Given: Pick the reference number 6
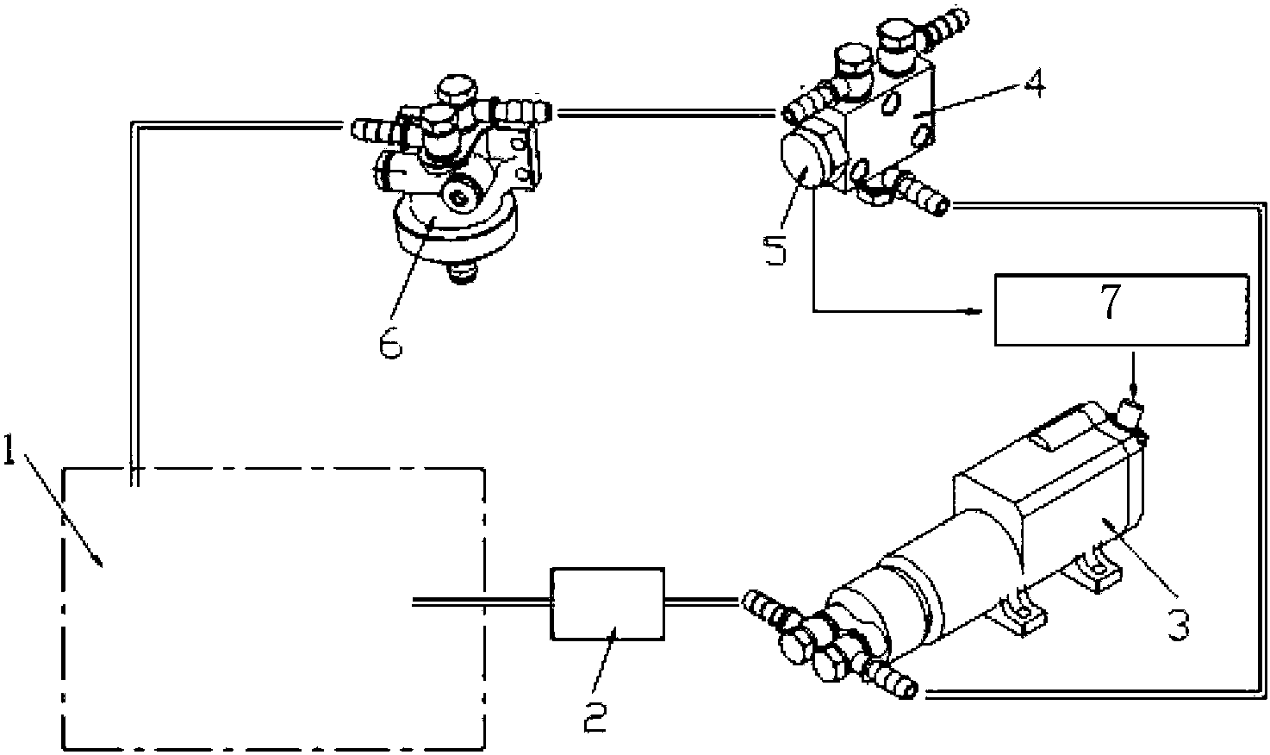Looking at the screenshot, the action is click(390, 341).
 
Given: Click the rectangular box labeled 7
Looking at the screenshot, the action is click(1122, 309).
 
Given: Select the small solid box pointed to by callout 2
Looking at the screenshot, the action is click(607, 604).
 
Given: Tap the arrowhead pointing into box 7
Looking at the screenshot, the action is click(974, 311).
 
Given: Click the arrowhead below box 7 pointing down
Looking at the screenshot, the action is click(1134, 391).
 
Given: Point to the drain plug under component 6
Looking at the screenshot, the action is click(462, 273).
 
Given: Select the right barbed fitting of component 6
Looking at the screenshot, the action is click(521, 109).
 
